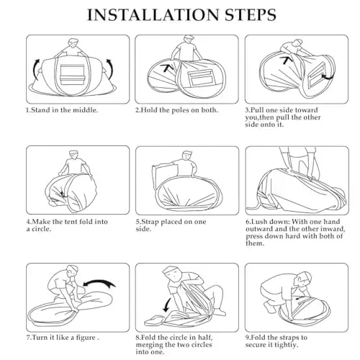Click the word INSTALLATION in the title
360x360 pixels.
pyautogui.click(x=153, y=15)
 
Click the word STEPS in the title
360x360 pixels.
pyautogui.click(x=251, y=15)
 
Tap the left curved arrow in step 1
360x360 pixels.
pyautogui.click(x=36, y=70)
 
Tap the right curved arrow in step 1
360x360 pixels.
pyautogui.click(x=110, y=70)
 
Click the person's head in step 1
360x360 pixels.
pyautogui.click(x=73, y=43)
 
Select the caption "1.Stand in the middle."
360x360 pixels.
pyautogui.click(x=62, y=110)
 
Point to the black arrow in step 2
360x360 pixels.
pyautogui.click(x=167, y=68)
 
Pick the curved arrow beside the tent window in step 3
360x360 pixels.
pyautogui.click(x=328, y=77)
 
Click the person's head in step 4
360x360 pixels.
pyautogui.click(x=73, y=156)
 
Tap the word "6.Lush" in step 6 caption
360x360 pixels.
pyautogui.click(x=256, y=222)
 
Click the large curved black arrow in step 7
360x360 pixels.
pyautogui.click(x=99, y=284)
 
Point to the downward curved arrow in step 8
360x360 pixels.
pyautogui.click(x=166, y=305)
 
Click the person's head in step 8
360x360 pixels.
pyautogui.click(x=172, y=274)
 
